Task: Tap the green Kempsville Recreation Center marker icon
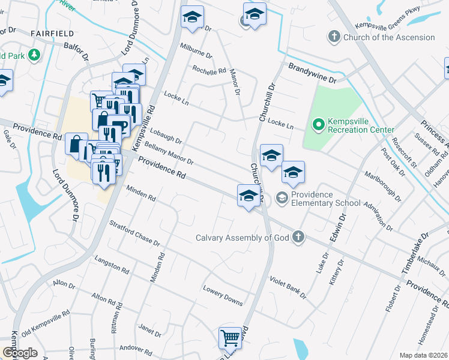tap(318, 125)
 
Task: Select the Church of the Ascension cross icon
tap(334, 37)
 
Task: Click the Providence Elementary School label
tap(327, 199)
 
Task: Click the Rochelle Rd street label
tap(208, 71)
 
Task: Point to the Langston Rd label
tap(112, 265)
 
